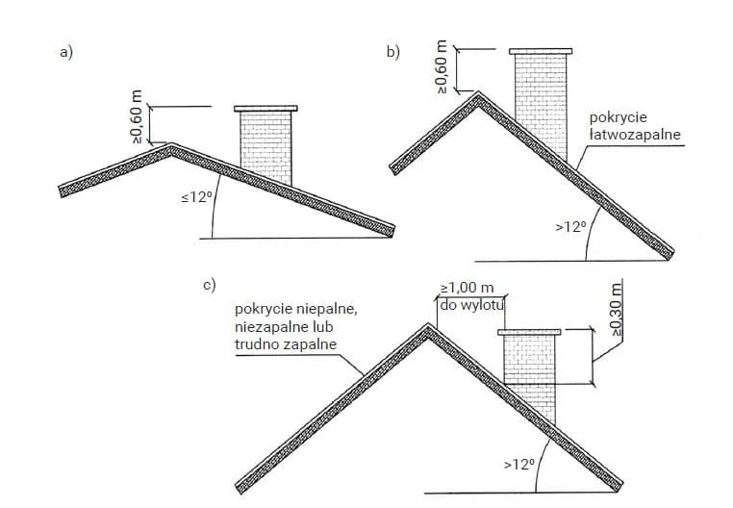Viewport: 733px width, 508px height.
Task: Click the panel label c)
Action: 209,286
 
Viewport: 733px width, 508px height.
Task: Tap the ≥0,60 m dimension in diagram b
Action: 442,67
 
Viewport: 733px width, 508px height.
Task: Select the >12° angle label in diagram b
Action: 569,227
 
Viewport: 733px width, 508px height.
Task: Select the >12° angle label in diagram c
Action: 518,464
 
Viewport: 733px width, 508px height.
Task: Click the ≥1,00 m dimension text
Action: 467,288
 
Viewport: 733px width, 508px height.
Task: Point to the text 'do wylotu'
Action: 471,306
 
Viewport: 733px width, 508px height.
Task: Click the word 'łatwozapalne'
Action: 635,135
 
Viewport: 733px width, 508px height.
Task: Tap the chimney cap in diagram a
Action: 265,109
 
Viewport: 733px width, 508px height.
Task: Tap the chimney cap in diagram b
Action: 541,50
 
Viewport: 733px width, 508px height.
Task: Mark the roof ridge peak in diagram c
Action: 427,326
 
